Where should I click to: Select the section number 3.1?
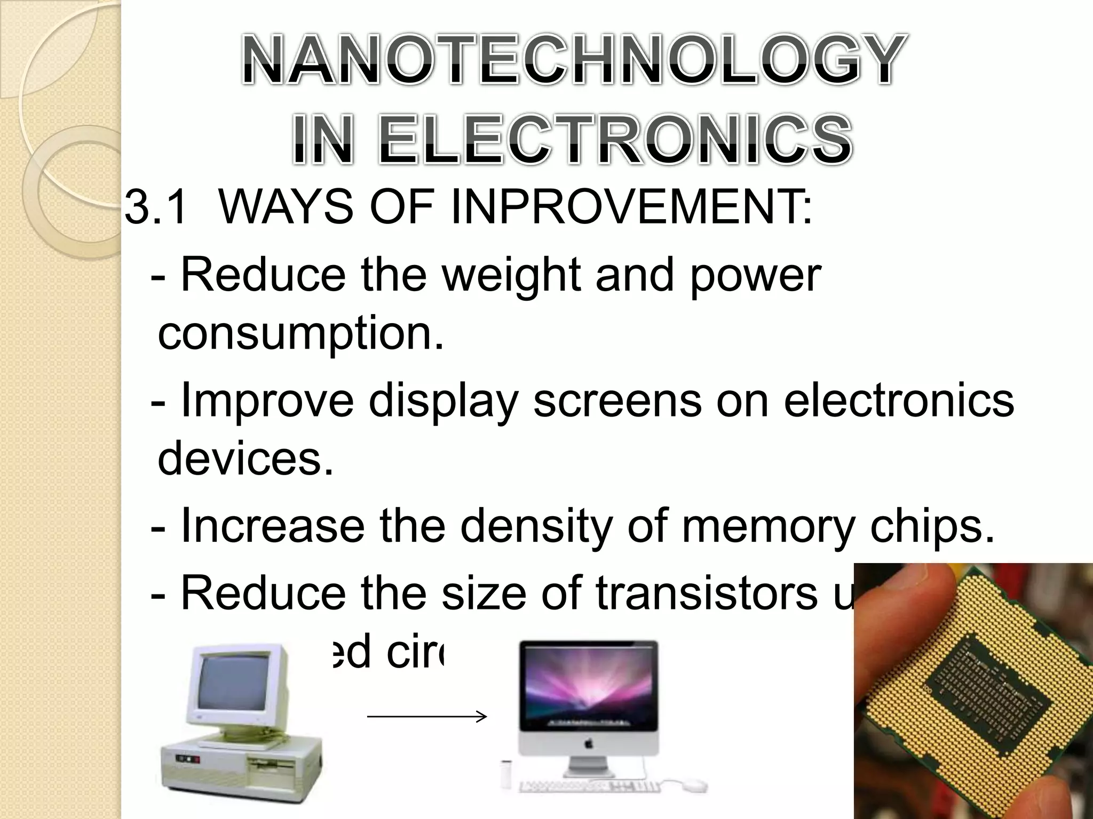point(156,207)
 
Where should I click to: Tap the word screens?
point(617,401)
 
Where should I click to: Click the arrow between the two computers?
point(427,717)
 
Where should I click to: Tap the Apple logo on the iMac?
point(588,742)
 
